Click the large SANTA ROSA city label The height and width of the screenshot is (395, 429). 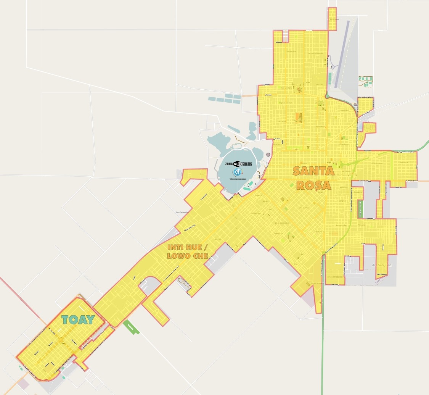pos(313,178)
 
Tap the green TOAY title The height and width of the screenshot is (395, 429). pos(78,319)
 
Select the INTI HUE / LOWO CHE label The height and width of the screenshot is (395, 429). pos(188,252)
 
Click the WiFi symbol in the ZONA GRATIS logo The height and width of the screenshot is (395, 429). pos(237,164)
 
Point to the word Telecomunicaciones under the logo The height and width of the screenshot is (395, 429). pos(238,179)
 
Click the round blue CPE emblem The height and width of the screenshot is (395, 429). pos(237,172)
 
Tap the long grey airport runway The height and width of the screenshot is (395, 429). pos(342,54)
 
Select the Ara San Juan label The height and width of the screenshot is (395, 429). pos(381,265)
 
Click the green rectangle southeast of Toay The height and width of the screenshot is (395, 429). pos(131,327)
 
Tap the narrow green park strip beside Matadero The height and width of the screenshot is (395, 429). pos(360,209)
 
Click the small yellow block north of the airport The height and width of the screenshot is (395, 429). pos(333,19)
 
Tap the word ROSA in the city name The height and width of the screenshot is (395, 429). pos(313,185)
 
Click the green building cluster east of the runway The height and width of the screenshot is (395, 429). pos(365,81)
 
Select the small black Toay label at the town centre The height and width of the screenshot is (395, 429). pos(63,343)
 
